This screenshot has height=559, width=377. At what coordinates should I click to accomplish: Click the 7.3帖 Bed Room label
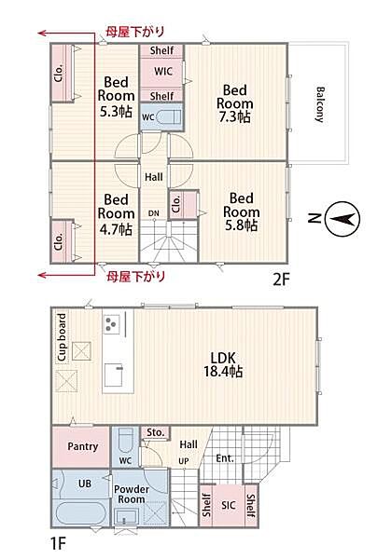234,103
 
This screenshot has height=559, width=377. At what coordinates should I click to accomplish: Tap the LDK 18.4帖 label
223,364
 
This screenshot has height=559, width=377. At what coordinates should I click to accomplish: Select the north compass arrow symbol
343,219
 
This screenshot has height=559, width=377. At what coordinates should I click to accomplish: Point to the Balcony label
320,104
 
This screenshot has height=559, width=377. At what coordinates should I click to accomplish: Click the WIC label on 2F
163,71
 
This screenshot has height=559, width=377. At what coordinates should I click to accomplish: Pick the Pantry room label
83,446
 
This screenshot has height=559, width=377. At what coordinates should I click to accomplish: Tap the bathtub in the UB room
80,512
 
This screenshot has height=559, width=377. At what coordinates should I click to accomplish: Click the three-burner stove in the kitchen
112,323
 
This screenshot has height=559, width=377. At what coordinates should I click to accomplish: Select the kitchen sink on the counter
114,375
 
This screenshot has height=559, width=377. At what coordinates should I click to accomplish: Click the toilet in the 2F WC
169,116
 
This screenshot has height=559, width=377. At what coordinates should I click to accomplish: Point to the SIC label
229,505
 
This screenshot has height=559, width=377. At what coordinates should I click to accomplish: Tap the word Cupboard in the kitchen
63,337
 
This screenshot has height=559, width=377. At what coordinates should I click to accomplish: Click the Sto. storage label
156,432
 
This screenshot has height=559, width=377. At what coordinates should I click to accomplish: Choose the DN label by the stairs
154,213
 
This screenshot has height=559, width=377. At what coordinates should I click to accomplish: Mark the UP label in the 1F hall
184,461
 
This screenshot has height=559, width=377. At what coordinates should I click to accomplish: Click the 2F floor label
281,279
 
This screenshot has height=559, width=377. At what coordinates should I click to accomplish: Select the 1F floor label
58,543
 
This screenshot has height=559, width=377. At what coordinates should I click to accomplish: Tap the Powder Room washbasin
126,516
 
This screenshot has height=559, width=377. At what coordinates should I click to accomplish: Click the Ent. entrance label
225,458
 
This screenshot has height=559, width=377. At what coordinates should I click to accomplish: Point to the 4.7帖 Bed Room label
116,215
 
